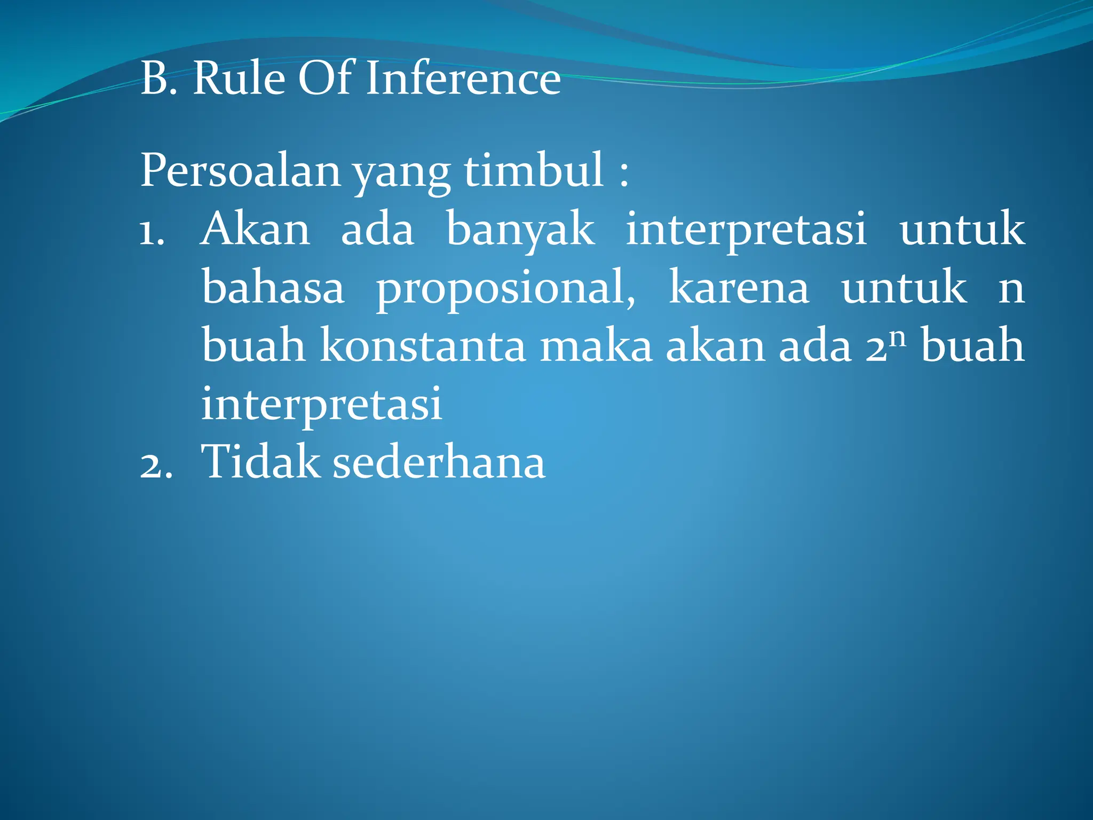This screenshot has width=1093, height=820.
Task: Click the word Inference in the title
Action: [x=463, y=78]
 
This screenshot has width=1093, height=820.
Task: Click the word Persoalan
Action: [x=240, y=170]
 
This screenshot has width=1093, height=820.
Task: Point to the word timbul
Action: [x=534, y=170]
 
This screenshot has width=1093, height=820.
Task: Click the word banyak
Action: [x=520, y=230]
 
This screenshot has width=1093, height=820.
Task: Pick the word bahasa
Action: [x=273, y=288]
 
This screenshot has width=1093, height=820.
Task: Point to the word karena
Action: [x=739, y=288]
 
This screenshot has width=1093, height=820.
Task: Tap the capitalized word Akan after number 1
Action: [x=255, y=230]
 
